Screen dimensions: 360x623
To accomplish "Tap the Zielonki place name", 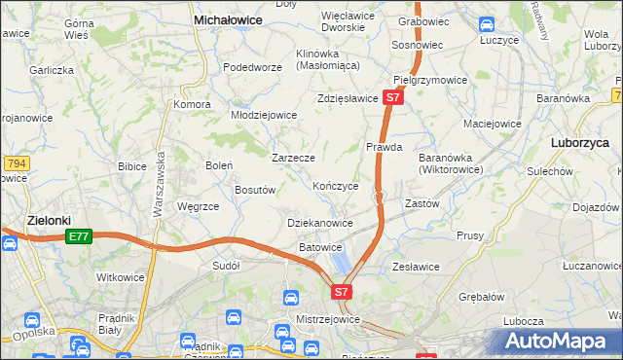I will pyautogui.click(x=46, y=220).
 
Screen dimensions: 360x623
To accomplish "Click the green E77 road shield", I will pyautogui.click(x=79, y=236).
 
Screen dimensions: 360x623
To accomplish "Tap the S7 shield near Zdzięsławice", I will pyautogui.click(x=391, y=97).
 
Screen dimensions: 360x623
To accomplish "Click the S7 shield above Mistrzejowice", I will pyautogui.click(x=341, y=291).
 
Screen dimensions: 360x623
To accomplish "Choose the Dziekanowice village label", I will pyautogui.click(x=320, y=223).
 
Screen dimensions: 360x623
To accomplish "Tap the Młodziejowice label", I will pyautogui.click(x=263, y=115).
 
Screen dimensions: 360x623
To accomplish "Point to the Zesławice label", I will pyautogui.click(x=416, y=267).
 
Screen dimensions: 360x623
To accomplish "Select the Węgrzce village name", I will pyautogui.click(x=198, y=206).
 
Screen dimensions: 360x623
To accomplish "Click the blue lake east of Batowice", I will pyautogui.click(x=342, y=260).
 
